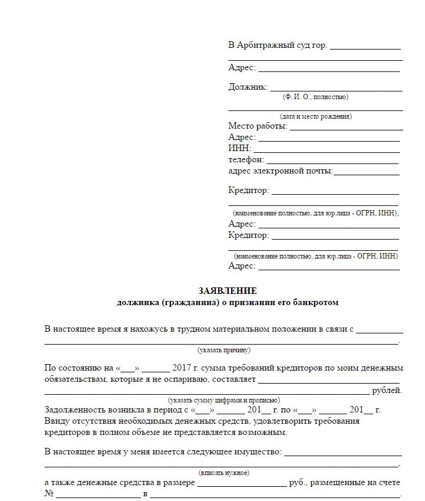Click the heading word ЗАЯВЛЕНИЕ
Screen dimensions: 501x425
point(227,291)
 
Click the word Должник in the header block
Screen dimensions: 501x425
point(247,87)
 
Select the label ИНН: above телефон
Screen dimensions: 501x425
point(239,148)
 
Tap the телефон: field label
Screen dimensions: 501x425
point(246,159)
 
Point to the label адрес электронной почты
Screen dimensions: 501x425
point(280,171)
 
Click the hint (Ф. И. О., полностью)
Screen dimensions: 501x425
point(315,97)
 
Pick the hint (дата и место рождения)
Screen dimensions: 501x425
point(315,116)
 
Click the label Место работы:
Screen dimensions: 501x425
point(258,126)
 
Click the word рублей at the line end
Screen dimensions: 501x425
point(387,391)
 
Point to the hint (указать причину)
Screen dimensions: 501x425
point(223,350)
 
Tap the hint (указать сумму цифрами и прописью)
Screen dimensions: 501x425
point(223,400)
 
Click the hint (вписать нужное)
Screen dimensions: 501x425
point(223,473)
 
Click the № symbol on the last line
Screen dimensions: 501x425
point(50,493)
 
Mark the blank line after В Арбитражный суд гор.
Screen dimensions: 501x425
point(365,48)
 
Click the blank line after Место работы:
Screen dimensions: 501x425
point(346,128)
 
